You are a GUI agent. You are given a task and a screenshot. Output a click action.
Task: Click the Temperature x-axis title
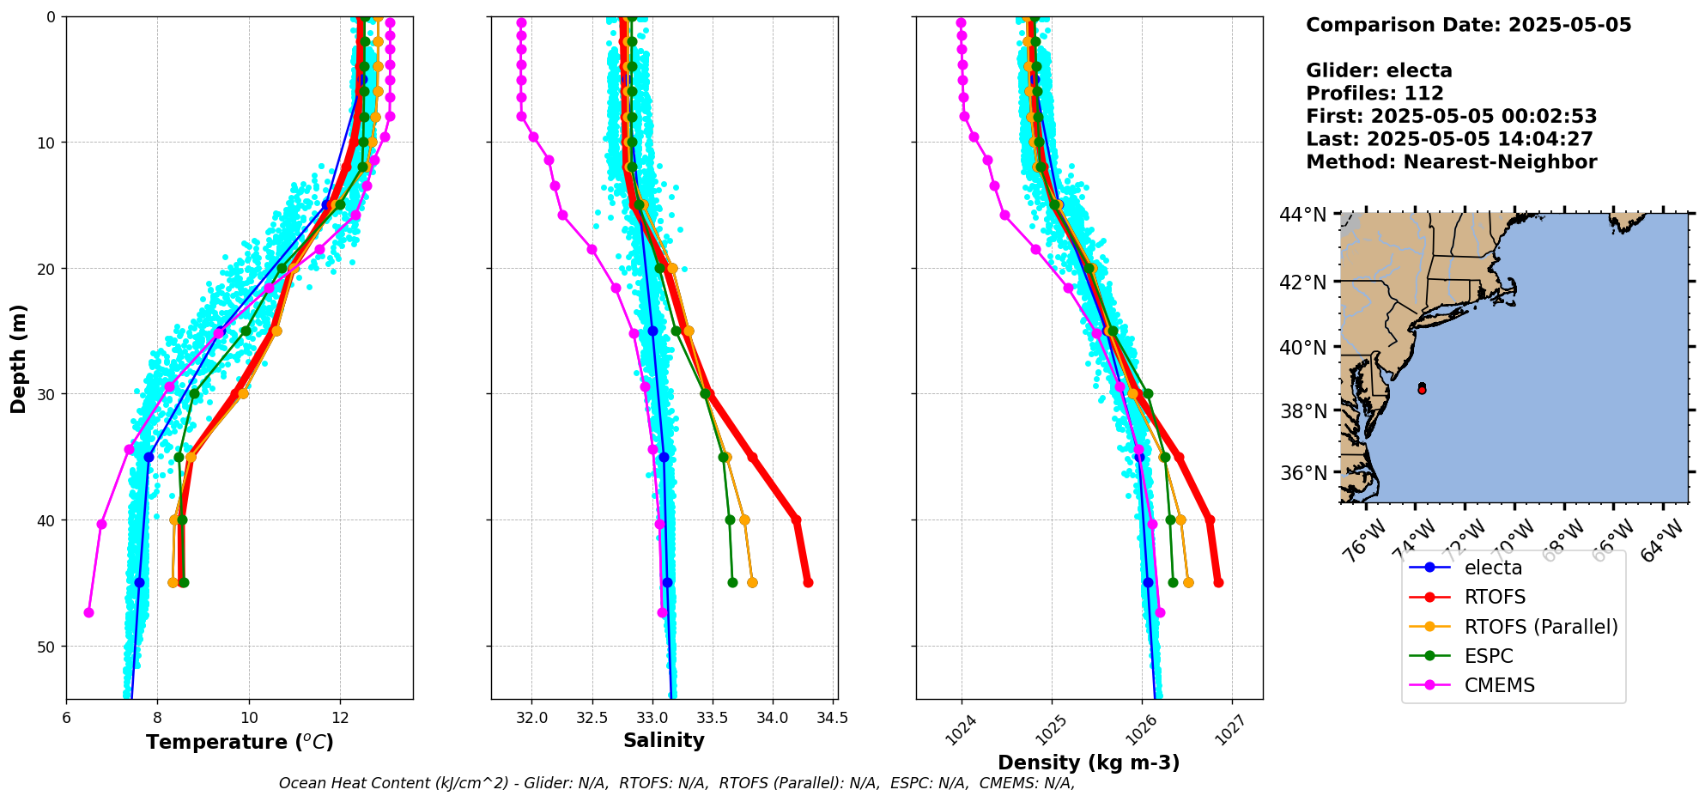(240, 742)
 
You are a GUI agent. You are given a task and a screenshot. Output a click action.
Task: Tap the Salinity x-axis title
(664, 740)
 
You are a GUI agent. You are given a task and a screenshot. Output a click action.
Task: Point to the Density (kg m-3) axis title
(1088, 763)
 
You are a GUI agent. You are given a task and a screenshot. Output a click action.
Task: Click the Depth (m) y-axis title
(19, 359)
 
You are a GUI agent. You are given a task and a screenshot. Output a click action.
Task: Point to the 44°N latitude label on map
(1302, 215)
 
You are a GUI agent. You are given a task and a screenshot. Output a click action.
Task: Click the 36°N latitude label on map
(1302, 473)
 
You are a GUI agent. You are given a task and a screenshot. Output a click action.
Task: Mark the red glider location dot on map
(1422, 390)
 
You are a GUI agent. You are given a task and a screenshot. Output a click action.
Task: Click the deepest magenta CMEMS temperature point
(88, 612)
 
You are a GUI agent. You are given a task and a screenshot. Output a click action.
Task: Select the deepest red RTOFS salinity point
(808, 582)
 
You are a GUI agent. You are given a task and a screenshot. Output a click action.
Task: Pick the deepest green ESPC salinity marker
(732, 582)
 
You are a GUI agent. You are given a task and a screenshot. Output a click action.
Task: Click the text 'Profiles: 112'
(1374, 94)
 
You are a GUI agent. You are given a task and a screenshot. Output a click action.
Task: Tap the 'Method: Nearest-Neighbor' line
(1451, 162)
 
